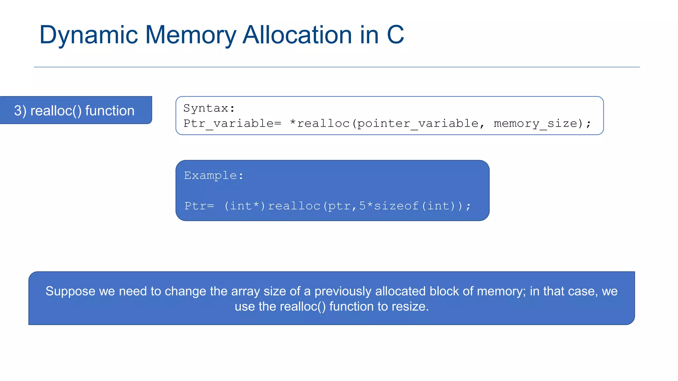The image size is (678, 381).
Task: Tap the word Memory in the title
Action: [x=190, y=35]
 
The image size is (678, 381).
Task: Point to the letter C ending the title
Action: [x=395, y=35]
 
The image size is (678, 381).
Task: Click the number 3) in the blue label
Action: [x=20, y=111]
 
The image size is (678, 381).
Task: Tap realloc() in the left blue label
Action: [x=56, y=111]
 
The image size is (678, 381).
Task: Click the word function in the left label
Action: [x=110, y=111]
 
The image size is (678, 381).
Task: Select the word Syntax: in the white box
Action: [x=209, y=108]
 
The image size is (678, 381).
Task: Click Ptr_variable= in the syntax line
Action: [x=232, y=123]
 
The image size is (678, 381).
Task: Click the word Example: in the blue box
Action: [x=214, y=175]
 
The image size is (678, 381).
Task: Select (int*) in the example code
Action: [x=245, y=206]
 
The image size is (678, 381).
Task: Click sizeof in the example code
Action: [x=396, y=206]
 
